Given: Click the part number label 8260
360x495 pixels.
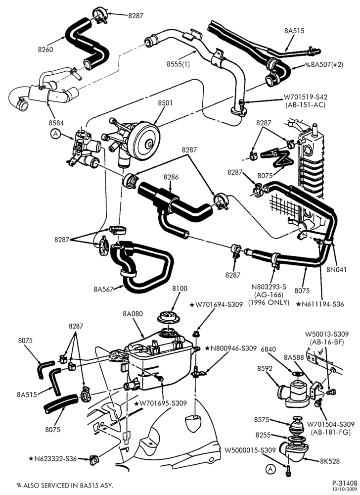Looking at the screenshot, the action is tap(45, 49).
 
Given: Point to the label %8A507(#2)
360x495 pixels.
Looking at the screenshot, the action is tap(324, 65).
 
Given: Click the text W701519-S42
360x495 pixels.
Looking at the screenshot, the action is tap(305, 97).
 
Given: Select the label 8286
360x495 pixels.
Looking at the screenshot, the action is tap(171, 177).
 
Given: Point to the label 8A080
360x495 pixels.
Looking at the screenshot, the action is tap(133, 314).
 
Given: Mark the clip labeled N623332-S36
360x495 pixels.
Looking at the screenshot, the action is tap(93, 458).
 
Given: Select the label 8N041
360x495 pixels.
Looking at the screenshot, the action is tap(336, 270).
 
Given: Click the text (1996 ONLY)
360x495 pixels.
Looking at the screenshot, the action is tap(269, 302).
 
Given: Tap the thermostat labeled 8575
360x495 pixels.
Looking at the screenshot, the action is tap(297, 424).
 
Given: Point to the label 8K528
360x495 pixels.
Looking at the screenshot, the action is tap(330, 461).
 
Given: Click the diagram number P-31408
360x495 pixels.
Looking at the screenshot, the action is tap(345, 483).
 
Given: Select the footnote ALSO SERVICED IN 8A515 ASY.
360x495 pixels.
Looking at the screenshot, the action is tap(68, 485).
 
